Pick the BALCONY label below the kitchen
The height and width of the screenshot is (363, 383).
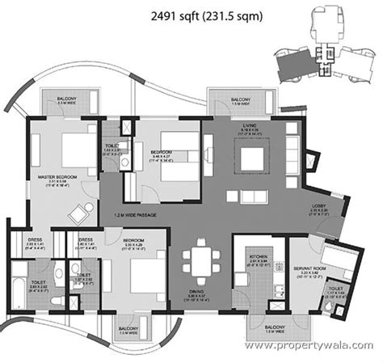click(276, 327)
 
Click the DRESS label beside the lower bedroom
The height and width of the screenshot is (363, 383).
click(84, 240)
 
